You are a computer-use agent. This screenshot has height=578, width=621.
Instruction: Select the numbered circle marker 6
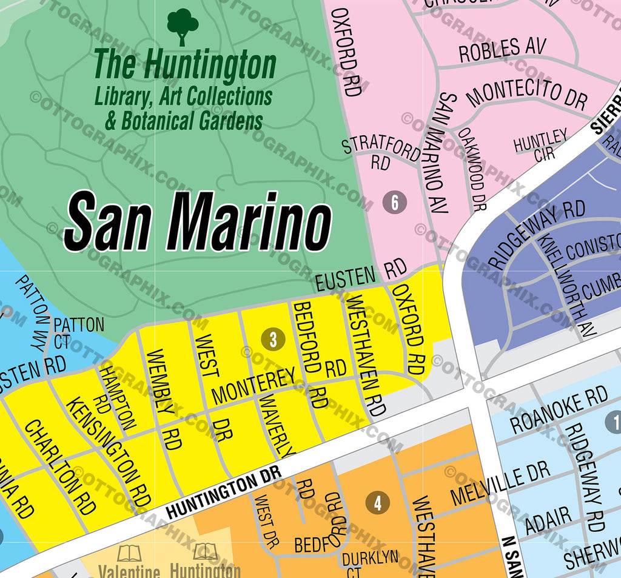[395, 202]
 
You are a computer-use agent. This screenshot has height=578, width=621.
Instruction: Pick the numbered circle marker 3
[273, 339]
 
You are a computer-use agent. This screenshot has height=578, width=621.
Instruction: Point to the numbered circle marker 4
[378, 503]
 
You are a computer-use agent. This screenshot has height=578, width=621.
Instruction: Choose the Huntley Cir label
[541, 144]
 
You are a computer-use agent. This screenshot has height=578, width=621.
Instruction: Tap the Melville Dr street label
[500, 482]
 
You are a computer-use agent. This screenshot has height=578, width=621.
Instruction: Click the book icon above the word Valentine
[129, 553]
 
